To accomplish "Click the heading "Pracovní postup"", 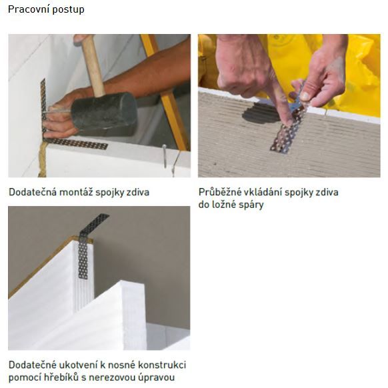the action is pos(46,10).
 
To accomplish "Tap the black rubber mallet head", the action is pos(104,113).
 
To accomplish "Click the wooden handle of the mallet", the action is pos(93,65).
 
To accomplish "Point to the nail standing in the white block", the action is pos(164,157).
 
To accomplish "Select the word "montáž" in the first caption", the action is pos(76,192).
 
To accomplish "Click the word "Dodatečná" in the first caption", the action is pos(33,192).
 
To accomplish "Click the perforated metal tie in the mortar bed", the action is pos(288,126).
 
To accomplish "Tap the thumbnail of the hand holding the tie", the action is pos(305,97).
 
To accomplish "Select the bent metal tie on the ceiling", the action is pos(89,245).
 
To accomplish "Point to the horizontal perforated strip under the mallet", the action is pos(75,144).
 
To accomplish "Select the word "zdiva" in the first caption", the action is pos(138,192).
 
